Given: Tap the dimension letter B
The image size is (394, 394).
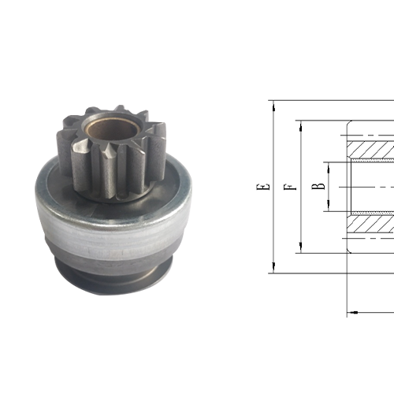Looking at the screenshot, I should (318, 187).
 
